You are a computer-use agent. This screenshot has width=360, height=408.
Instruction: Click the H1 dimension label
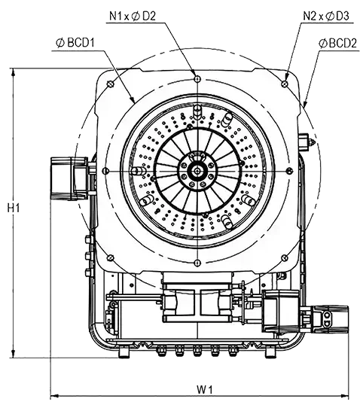(x=14, y=209)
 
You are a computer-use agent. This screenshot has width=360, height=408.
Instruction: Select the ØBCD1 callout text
(x=75, y=43)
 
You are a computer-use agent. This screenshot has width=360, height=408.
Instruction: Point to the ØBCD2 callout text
(x=337, y=44)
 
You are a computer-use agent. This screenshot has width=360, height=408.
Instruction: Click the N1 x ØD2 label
(x=133, y=17)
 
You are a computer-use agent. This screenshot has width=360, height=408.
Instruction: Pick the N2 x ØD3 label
(x=326, y=17)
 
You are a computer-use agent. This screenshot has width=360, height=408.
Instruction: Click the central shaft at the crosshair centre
(x=197, y=171)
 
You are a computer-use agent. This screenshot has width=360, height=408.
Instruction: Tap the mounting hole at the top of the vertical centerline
(x=197, y=78)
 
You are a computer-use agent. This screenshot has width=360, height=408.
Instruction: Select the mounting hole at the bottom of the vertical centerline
(x=197, y=263)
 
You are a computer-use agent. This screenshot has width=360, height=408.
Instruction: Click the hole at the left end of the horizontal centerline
(x=105, y=171)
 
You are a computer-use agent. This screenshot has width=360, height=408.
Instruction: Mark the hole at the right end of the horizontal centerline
(x=289, y=171)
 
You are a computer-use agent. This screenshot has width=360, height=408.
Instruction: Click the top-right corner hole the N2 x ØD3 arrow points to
(x=285, y=84)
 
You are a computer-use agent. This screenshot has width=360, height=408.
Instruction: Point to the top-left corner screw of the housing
(x=111, y=84)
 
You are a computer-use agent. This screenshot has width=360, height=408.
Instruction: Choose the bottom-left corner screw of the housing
(x=111, y=257)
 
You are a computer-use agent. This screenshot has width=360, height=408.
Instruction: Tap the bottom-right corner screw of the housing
(x=285, y=258)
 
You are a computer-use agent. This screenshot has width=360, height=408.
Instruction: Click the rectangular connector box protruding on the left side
(x=69, y=178)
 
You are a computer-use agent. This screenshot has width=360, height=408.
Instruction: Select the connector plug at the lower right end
(x=330, y=319)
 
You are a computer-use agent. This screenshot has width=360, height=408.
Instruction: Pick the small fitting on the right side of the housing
(x=307, y=142)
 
